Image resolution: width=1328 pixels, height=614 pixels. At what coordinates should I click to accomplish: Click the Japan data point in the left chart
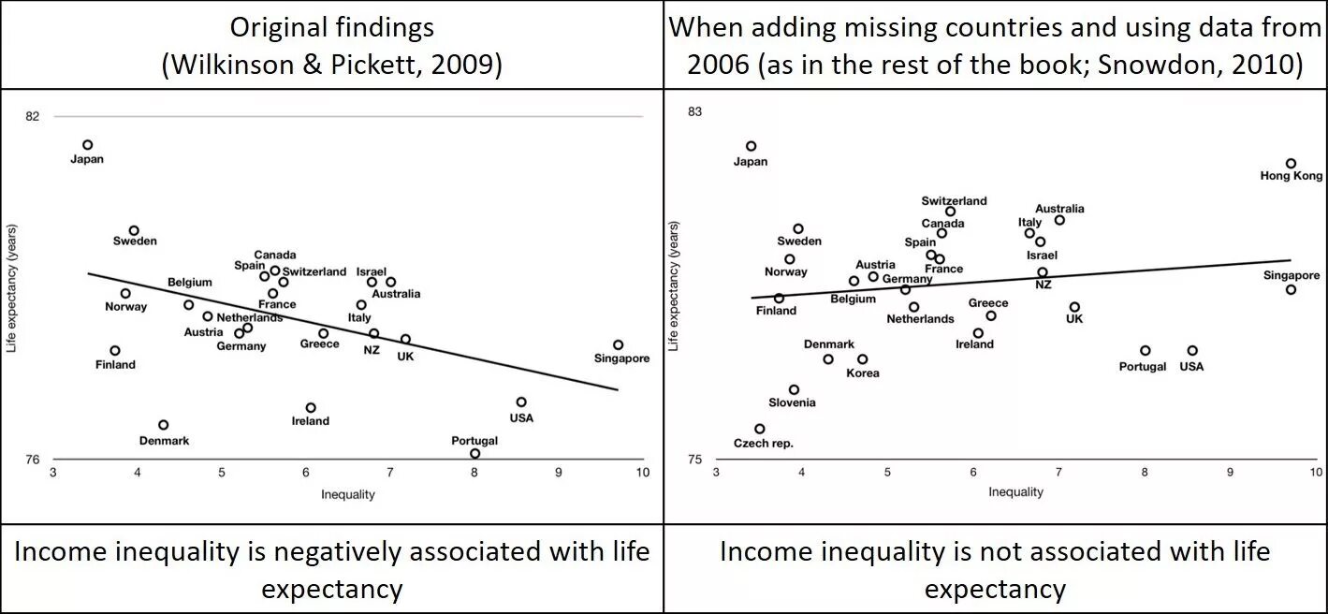coord(87,145)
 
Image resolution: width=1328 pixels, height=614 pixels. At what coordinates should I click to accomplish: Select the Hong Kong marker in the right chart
coord(1291,164)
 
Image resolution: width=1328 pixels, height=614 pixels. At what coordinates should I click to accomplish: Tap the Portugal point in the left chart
coord(474,454)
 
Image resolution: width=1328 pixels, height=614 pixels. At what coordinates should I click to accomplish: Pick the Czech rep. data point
coord(759,429)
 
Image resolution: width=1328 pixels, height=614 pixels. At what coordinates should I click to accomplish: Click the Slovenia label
coord(792,403)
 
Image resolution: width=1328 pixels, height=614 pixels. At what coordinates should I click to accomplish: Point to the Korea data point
coord(862,359)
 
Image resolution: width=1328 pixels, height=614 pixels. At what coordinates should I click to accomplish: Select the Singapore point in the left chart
coord(618,344)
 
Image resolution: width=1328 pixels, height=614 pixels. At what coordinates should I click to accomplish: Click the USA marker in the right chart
coord(1191,351)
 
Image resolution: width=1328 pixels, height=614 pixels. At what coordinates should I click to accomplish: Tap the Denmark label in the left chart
coord(164,441)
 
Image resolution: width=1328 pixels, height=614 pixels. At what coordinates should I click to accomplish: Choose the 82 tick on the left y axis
coord(34,116)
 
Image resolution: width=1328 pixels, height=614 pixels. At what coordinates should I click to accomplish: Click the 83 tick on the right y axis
coord(694,112)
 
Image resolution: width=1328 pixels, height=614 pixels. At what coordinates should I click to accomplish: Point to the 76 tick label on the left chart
coord(34,460)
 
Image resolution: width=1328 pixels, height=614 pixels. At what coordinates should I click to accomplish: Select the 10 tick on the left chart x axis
coord(642,473)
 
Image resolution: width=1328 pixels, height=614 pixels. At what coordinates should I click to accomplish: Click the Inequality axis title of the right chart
coord(1015,492)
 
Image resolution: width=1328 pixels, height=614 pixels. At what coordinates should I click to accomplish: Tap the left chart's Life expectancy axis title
coord(12,287)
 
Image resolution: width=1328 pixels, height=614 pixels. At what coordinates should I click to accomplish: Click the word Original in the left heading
coord(280,28)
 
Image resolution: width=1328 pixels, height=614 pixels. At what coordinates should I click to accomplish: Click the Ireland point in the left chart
coord(311,408)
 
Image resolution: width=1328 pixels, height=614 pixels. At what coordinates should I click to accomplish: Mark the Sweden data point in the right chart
coord(798,228)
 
